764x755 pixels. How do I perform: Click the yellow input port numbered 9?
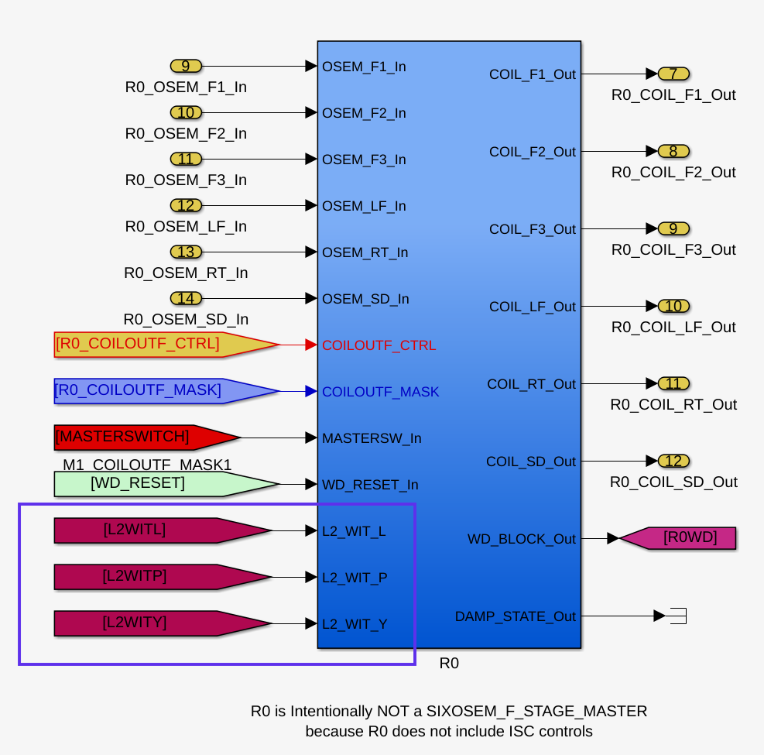[186, 66]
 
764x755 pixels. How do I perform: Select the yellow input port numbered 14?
[186, 298]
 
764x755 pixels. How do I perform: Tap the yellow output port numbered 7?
[673, 74]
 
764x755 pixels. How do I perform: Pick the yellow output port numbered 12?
[673, 461]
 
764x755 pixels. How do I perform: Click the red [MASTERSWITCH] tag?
[146, 438]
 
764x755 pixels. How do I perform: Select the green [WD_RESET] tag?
[166, 484]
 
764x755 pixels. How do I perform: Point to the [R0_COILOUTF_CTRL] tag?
[166, 345]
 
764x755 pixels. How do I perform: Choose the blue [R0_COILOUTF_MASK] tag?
[166, 391]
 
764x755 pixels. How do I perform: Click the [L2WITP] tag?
[163, 577]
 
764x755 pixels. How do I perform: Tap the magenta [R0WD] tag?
[678, 538]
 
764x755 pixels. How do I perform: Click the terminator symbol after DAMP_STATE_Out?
[678, 616]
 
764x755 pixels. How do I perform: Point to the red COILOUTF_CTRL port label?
[379, 345]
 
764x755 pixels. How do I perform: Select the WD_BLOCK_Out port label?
[522, 539]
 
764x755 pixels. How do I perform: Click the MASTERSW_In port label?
[372, 438]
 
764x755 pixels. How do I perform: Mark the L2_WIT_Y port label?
[355, 624]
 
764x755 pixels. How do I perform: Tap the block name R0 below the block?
[449, 663]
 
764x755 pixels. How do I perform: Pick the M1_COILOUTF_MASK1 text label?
[147, 464]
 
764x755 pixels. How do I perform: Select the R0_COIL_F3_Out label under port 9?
[673, 249]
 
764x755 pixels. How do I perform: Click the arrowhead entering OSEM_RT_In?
[311, 252]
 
